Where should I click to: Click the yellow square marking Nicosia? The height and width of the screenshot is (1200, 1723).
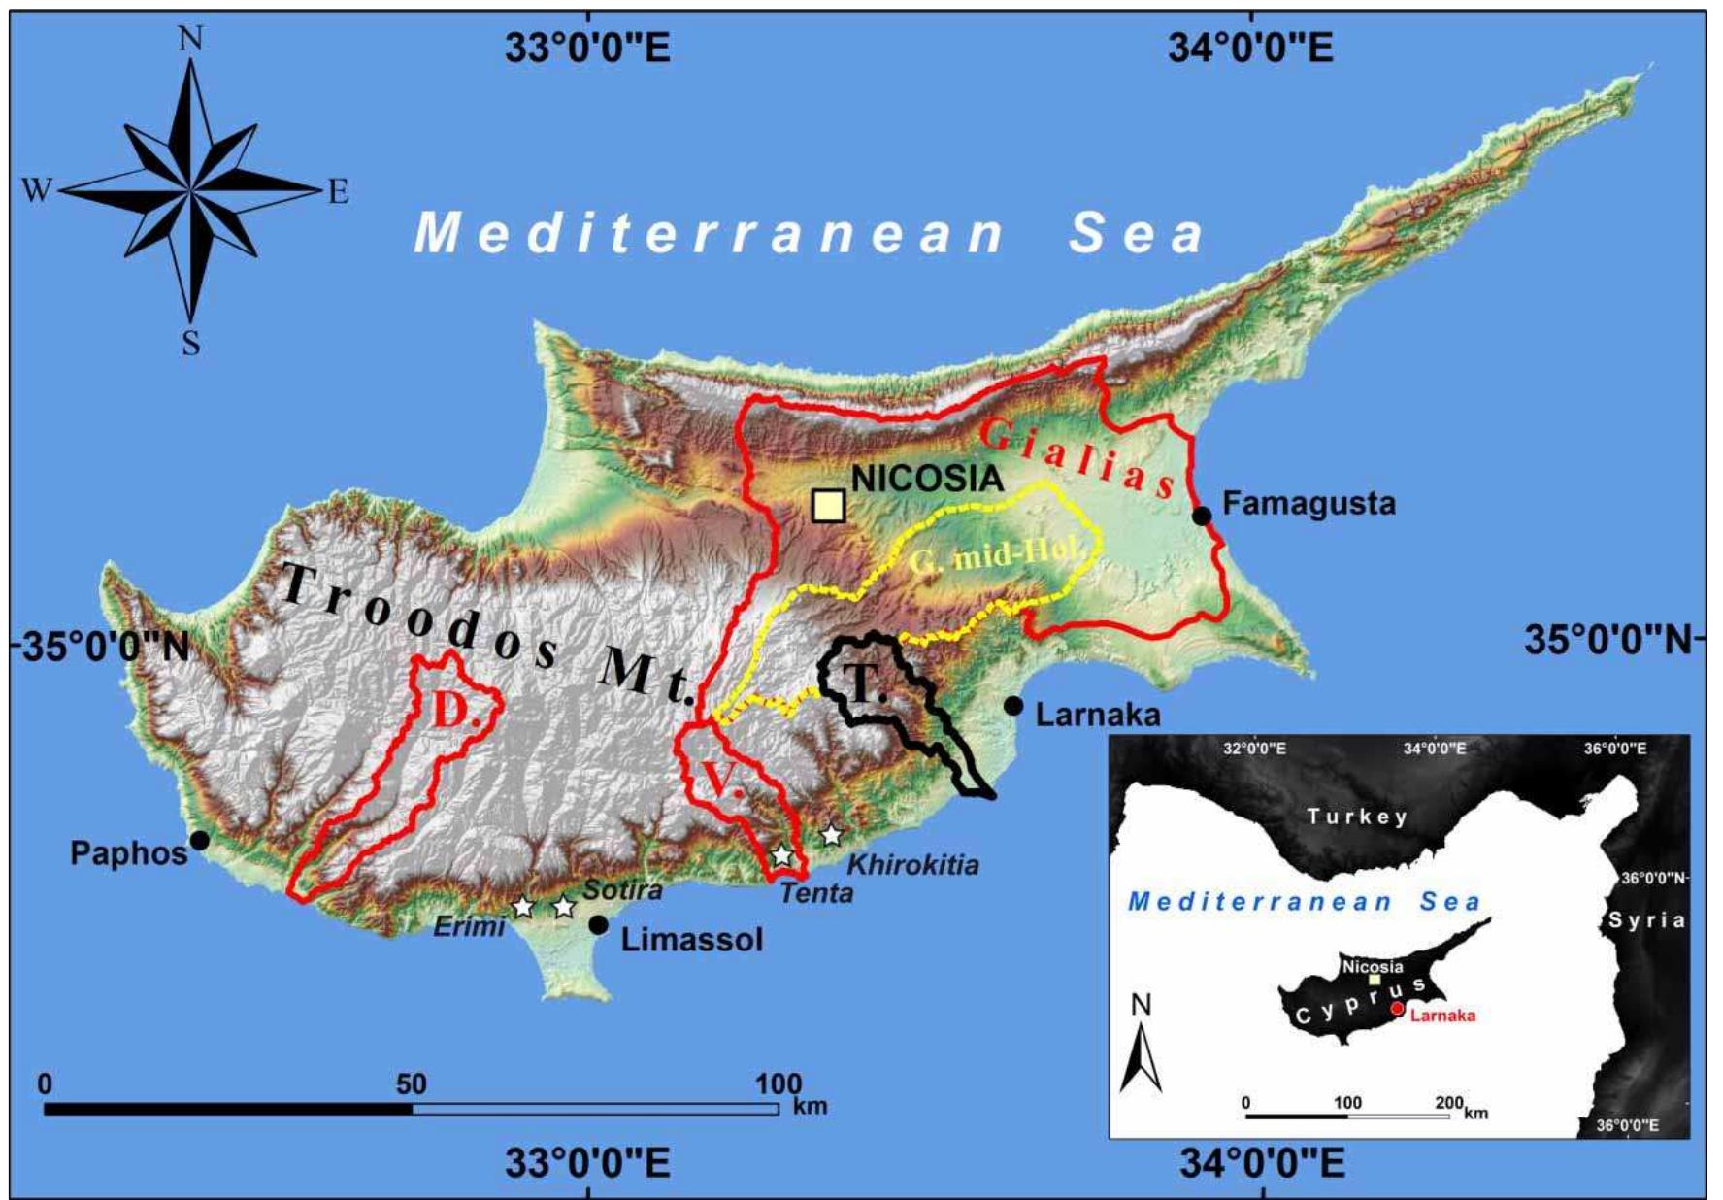tap(828, 506)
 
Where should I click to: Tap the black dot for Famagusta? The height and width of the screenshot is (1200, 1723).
tap(1202, 516)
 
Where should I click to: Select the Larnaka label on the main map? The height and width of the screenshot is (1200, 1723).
tap(1097, 716)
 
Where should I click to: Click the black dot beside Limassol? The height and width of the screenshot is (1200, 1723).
tap(599, 924)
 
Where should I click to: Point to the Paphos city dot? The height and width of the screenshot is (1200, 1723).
tap(200, 840)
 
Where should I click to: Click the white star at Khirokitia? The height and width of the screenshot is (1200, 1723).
tap(831, 835)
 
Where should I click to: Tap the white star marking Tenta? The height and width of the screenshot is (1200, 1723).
tap(782, 855)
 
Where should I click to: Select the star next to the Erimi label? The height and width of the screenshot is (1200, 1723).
tap(523, 907)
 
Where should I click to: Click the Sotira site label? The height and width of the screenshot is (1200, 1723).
tap(622, 889)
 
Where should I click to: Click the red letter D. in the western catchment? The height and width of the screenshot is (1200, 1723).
tap(450, 712)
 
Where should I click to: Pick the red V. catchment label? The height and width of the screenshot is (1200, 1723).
tap(720, 779)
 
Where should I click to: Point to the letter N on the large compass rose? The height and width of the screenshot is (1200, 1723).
tap(191, 38)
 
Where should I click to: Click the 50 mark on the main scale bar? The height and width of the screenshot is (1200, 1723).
tap(411, 1084)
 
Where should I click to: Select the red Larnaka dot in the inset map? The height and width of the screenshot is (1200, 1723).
tap(1397, 1009)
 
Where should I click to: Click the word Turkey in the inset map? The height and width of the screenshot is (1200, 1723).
tap(1356, 817)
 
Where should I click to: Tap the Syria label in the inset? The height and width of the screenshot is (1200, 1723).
tap(1646, 919)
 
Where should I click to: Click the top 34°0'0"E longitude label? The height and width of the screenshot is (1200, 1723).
tap(1250, 48)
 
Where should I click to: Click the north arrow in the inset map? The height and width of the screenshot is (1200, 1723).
tap(1142, 1053)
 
